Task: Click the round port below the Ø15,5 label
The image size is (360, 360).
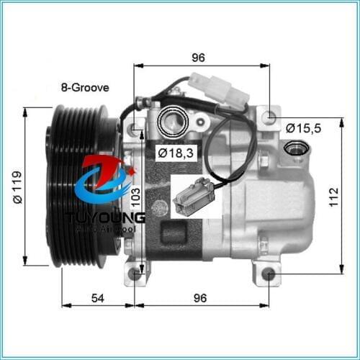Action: [x=294, y=148]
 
